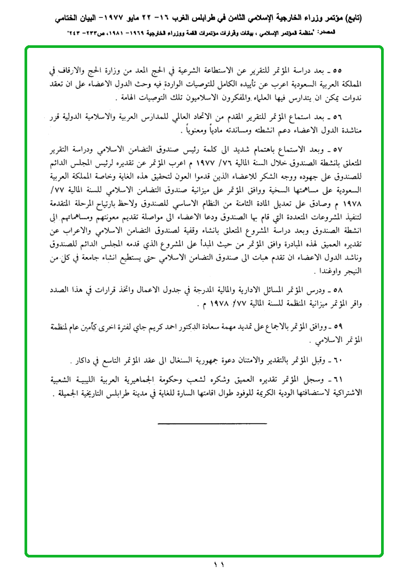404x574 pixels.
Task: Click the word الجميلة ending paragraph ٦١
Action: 78,397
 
